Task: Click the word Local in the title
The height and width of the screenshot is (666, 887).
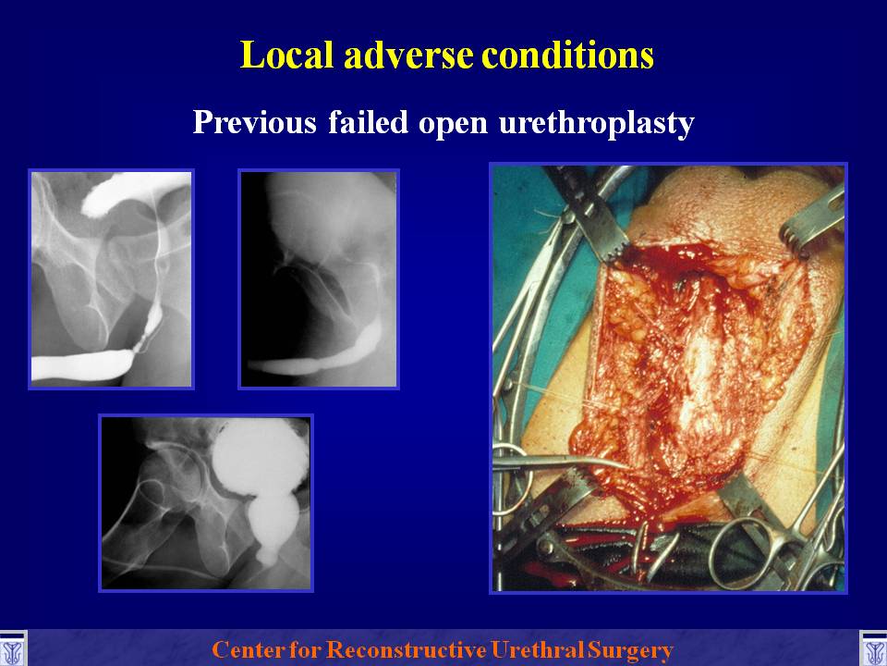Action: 286,55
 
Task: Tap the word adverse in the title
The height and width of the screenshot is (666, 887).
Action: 407,55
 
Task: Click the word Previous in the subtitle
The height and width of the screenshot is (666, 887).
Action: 255,121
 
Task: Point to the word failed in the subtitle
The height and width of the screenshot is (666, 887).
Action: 368,121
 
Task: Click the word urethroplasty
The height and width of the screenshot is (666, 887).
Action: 596,123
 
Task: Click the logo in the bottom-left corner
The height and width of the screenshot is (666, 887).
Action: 12,648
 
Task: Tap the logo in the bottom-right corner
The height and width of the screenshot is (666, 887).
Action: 873,648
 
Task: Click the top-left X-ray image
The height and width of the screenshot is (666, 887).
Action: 112,279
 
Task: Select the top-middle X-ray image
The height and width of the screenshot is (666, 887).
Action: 319,279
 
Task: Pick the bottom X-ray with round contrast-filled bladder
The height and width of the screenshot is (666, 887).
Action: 206,503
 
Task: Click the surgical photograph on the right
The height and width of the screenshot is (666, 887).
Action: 668,378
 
